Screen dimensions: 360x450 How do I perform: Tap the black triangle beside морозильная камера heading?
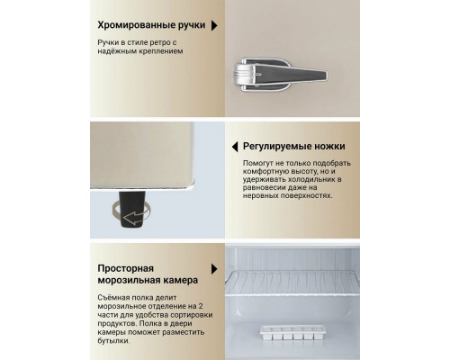coord(213,268)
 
